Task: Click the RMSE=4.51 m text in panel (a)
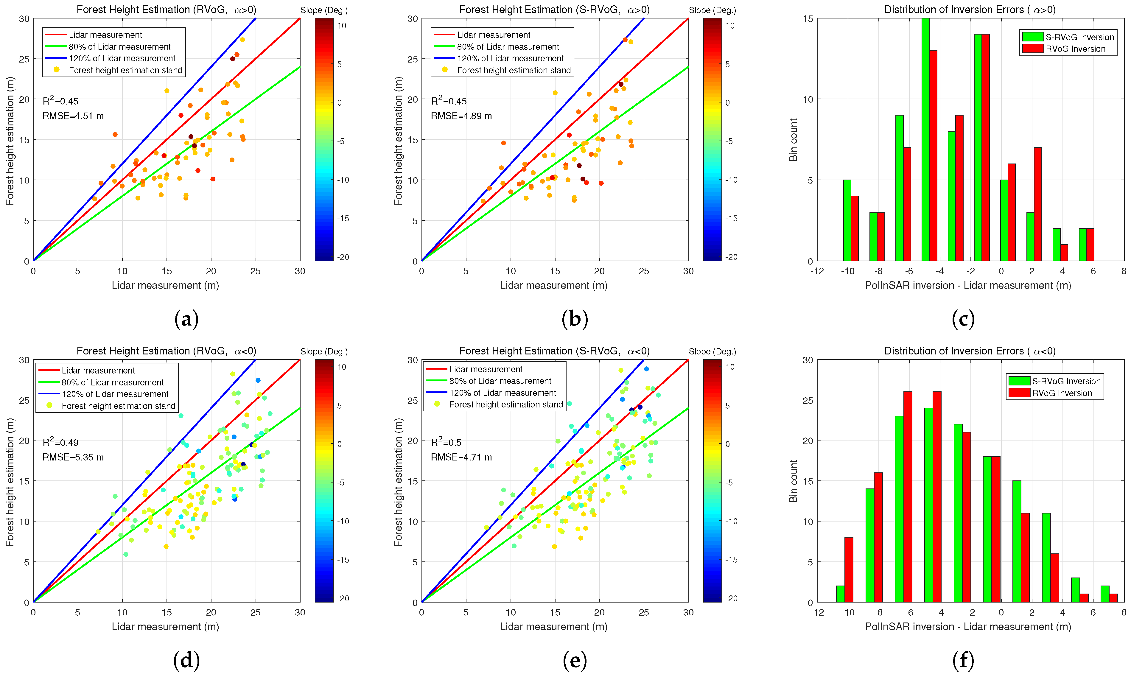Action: point(73,116)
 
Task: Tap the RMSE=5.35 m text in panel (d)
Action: point(73,457)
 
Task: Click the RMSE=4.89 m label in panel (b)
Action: point(461,116)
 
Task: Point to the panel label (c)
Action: point(963,319)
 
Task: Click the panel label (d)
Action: point(186,660)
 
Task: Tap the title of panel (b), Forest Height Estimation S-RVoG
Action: point(554,10)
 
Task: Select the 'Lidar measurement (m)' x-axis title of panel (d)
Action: point(165,626)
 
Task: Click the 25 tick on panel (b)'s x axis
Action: point(643,271)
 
